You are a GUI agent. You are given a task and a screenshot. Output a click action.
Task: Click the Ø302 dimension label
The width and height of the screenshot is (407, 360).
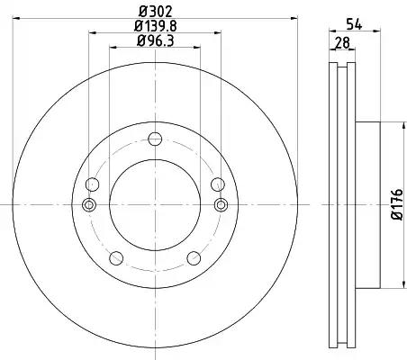pos(155,12)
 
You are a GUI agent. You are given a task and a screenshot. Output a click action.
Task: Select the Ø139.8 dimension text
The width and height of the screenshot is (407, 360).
pos(155,26)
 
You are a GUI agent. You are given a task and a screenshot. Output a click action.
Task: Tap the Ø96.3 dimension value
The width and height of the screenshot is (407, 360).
pos(155,40)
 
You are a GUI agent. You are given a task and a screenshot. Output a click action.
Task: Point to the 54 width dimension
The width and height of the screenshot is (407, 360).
pos(354,24)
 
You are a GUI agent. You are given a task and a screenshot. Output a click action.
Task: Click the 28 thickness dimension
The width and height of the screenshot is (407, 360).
pos(342,43)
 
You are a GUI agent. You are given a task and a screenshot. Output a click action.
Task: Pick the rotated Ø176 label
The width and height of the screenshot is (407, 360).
pos(397,204)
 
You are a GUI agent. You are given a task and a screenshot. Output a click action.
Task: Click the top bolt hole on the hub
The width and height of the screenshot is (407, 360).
pos(155,139)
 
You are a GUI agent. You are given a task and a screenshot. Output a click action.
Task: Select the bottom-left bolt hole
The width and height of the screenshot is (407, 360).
pos(116,258)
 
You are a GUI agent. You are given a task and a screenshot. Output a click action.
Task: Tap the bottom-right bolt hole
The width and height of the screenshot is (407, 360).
pos(194,258)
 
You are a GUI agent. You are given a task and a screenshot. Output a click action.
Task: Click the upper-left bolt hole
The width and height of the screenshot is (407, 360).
pos(92,184)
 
